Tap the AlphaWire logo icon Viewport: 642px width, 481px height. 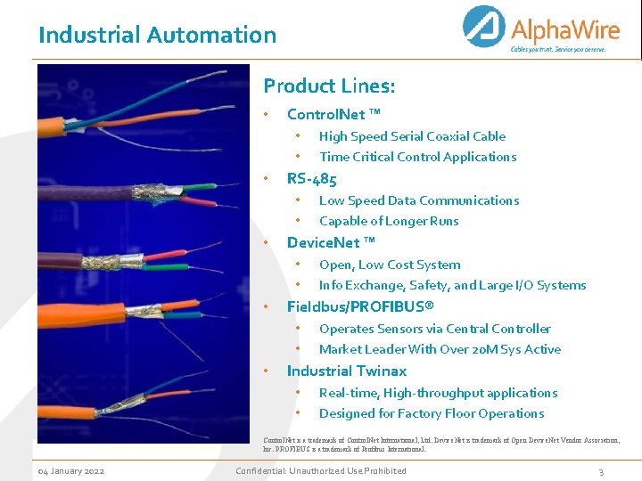486,29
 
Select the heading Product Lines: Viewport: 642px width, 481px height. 329,86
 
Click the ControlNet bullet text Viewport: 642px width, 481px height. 333,114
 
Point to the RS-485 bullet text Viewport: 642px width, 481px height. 311,179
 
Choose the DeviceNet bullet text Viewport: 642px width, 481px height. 331,242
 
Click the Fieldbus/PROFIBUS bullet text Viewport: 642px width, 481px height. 360,306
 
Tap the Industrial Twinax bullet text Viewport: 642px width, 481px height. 346,371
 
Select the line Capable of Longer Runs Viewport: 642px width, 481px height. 389,221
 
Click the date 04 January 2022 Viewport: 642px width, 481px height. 70,470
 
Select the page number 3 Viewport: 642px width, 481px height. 601,471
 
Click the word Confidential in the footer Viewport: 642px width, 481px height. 264,470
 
